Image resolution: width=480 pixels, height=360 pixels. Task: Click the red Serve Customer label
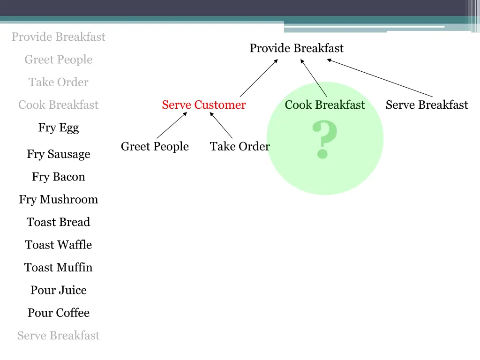pos(203,105)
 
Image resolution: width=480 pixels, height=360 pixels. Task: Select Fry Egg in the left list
pos(59,128)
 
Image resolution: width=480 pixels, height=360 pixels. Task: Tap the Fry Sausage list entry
pos(59,154)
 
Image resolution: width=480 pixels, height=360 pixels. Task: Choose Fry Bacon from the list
pos(59,177)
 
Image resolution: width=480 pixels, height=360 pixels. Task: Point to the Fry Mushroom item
pos(59,200)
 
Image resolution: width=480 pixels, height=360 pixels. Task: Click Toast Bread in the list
pos(59,222)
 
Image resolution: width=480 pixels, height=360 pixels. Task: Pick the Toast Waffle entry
pos(59,245)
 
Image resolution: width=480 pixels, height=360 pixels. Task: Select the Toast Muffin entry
pos(59,268)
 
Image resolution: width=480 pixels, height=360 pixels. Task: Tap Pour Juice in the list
pos(59,290)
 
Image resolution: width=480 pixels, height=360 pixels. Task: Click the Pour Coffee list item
pos(59,313)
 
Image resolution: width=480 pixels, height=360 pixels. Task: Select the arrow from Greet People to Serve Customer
pos(172,125)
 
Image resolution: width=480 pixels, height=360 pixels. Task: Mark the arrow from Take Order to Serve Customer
pos(221,125)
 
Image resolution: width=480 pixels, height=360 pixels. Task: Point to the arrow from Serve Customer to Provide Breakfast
pos(259,78)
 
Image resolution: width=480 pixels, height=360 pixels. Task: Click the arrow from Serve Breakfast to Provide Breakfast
pos(380,78)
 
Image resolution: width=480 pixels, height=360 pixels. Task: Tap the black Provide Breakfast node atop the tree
pos(296,48)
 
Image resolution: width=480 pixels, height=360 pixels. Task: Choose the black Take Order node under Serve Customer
pos(240,147)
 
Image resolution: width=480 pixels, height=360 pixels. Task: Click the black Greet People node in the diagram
pos(155,147)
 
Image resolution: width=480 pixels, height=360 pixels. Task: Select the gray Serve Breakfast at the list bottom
pos(59,336)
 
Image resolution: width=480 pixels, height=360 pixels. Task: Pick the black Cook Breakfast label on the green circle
pos(324,105)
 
